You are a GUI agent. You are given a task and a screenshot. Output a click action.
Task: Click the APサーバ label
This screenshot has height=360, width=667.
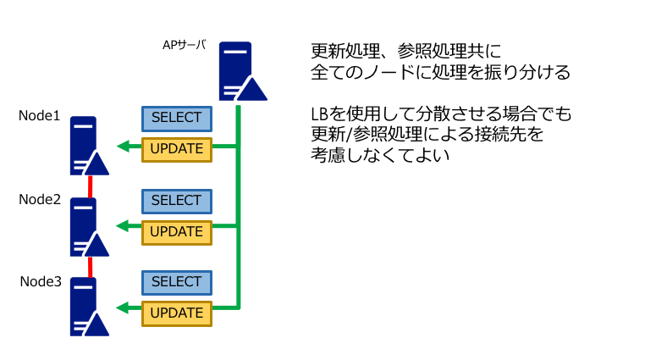point(185,45)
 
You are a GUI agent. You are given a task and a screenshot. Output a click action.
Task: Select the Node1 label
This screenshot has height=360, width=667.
point(39,115)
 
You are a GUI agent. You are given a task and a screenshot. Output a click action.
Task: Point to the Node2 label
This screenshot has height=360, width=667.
point(40,199)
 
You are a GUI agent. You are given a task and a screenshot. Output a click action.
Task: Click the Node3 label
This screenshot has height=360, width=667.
point(41,281)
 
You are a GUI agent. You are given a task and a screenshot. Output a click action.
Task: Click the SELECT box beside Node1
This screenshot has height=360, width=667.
point(177,119)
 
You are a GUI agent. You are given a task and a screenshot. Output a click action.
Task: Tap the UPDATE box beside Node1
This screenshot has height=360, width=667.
point(177,149)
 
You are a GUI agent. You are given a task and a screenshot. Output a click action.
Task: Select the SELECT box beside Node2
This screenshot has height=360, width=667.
point(177,202)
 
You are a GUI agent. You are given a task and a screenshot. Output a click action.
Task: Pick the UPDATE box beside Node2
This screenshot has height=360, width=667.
point(177,232)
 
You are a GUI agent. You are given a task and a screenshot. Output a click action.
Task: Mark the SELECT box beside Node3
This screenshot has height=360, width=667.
point(177,283)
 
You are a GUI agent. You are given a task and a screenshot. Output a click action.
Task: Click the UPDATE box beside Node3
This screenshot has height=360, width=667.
point(177,313)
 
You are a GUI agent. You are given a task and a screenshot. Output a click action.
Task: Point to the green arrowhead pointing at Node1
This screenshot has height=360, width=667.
point(123,147)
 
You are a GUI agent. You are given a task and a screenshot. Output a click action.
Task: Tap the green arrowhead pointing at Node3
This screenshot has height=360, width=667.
point(123,307)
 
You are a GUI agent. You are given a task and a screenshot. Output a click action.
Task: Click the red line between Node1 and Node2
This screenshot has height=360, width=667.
point(91,187)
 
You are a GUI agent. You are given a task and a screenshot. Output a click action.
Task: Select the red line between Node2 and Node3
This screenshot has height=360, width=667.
point(91,267)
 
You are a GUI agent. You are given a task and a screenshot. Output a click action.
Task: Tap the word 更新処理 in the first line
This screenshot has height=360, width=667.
point(345,51)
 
